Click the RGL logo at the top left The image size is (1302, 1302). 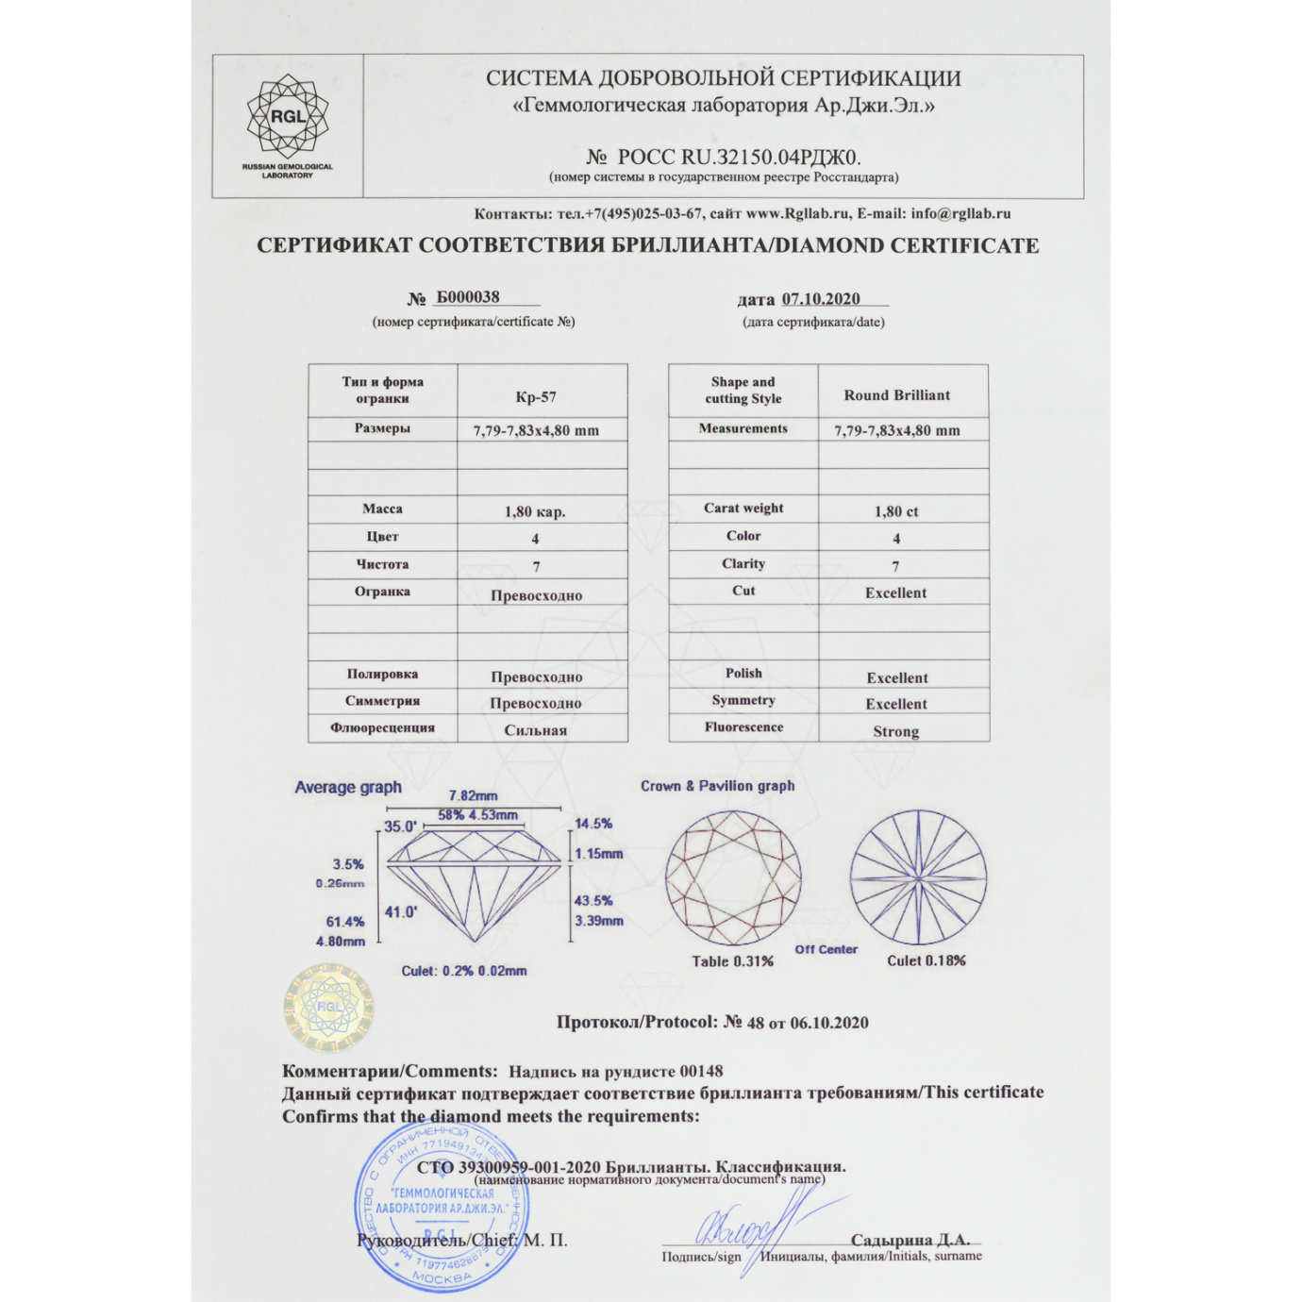[288, 118]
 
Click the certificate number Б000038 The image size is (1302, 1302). [468, 297]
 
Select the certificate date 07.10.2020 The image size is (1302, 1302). [821, 299]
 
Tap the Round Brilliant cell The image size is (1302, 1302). [896, 395]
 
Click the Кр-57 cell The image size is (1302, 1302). [536, 397]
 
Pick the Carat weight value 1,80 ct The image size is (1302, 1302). [896, 511]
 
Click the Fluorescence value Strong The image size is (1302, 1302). [895, 731]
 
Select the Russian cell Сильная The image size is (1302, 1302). [535, 730]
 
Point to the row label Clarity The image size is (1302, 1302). [743, 563]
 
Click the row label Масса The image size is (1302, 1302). [382, 509]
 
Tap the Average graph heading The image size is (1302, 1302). [348, 787]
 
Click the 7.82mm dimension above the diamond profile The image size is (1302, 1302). [473, 795]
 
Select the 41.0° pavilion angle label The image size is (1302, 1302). [401, 911]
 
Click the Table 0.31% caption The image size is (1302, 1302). [732, 961]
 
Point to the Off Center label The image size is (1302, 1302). [826, 949]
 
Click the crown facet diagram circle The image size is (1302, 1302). [733, 877]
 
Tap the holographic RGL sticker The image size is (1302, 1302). [328, 1007]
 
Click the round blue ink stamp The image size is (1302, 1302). [442, 1208]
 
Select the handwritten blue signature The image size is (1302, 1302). [755, 1227]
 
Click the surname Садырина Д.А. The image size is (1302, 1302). [910, 1240]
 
